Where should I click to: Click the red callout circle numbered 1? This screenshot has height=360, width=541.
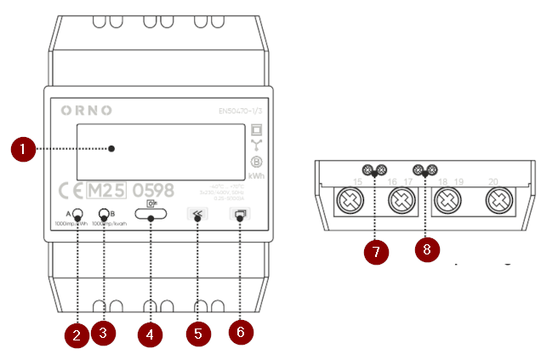point(23,150)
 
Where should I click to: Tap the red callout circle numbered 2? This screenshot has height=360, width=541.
point(77,334)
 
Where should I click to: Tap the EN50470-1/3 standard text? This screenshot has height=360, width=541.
point(242,111)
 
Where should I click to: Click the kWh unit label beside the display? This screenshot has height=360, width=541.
point(255,176)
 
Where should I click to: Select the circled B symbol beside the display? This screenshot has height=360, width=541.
point(255,162)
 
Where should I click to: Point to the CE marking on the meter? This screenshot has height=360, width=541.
point(73,189)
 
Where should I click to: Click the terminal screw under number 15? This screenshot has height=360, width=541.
point(351,203)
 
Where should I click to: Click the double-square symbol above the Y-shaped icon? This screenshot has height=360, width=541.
point(255,130)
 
